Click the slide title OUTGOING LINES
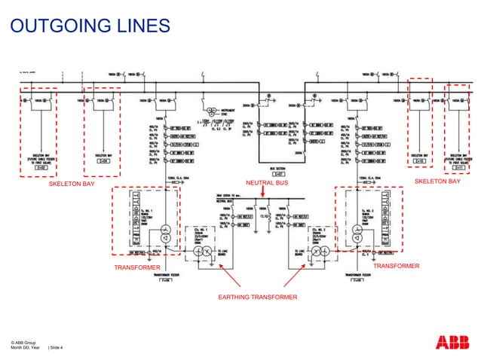click(x=89, y=28)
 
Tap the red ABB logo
click(x=452, y=343)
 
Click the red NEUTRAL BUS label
click(x=262, y=182)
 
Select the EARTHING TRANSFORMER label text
click(x=258, y=298)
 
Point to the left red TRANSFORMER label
click(x=136, y=267)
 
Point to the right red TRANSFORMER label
click(x=397, y=266)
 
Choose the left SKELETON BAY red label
click(x=72, y=183)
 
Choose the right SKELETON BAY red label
click(x=437, y=182)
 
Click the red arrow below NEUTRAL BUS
click(x=262, y=192)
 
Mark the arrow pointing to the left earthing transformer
click(x=224, y=279)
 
